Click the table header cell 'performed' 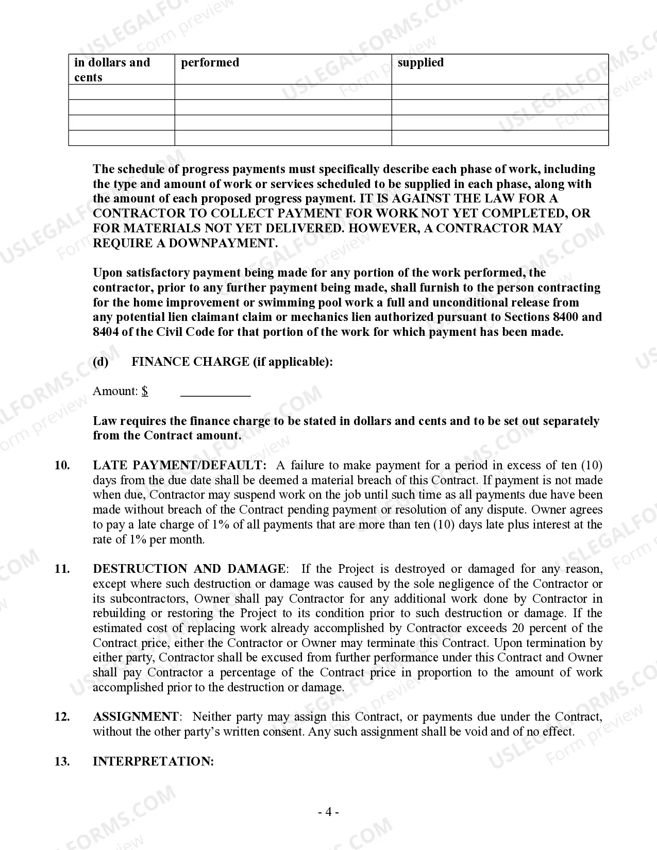point(210,62)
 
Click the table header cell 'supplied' point(420,62)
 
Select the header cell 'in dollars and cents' point(112,70)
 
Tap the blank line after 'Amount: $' point(215,392)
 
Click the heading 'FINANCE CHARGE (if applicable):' point(232,362)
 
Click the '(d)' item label point(100,362)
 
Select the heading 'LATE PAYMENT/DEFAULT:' point(180,466)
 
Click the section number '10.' point(62,466)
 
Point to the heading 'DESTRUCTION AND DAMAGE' point(189,569)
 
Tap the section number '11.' point(62,569)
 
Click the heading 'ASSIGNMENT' point(136,717)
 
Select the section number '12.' point(62,717)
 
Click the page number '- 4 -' point(328,813)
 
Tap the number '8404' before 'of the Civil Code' point(106,332)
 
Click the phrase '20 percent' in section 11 point(542,628)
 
